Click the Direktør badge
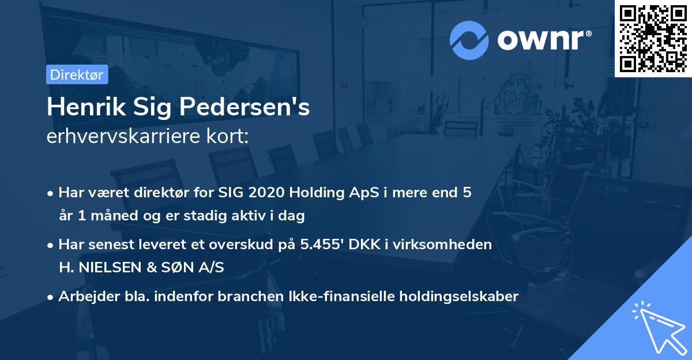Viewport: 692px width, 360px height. point(77,74)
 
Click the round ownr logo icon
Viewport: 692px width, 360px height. point(469,40)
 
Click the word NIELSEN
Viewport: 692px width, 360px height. point(112,268)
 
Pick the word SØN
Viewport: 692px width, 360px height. point(172,268)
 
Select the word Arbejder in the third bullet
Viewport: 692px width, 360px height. point(84,296)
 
